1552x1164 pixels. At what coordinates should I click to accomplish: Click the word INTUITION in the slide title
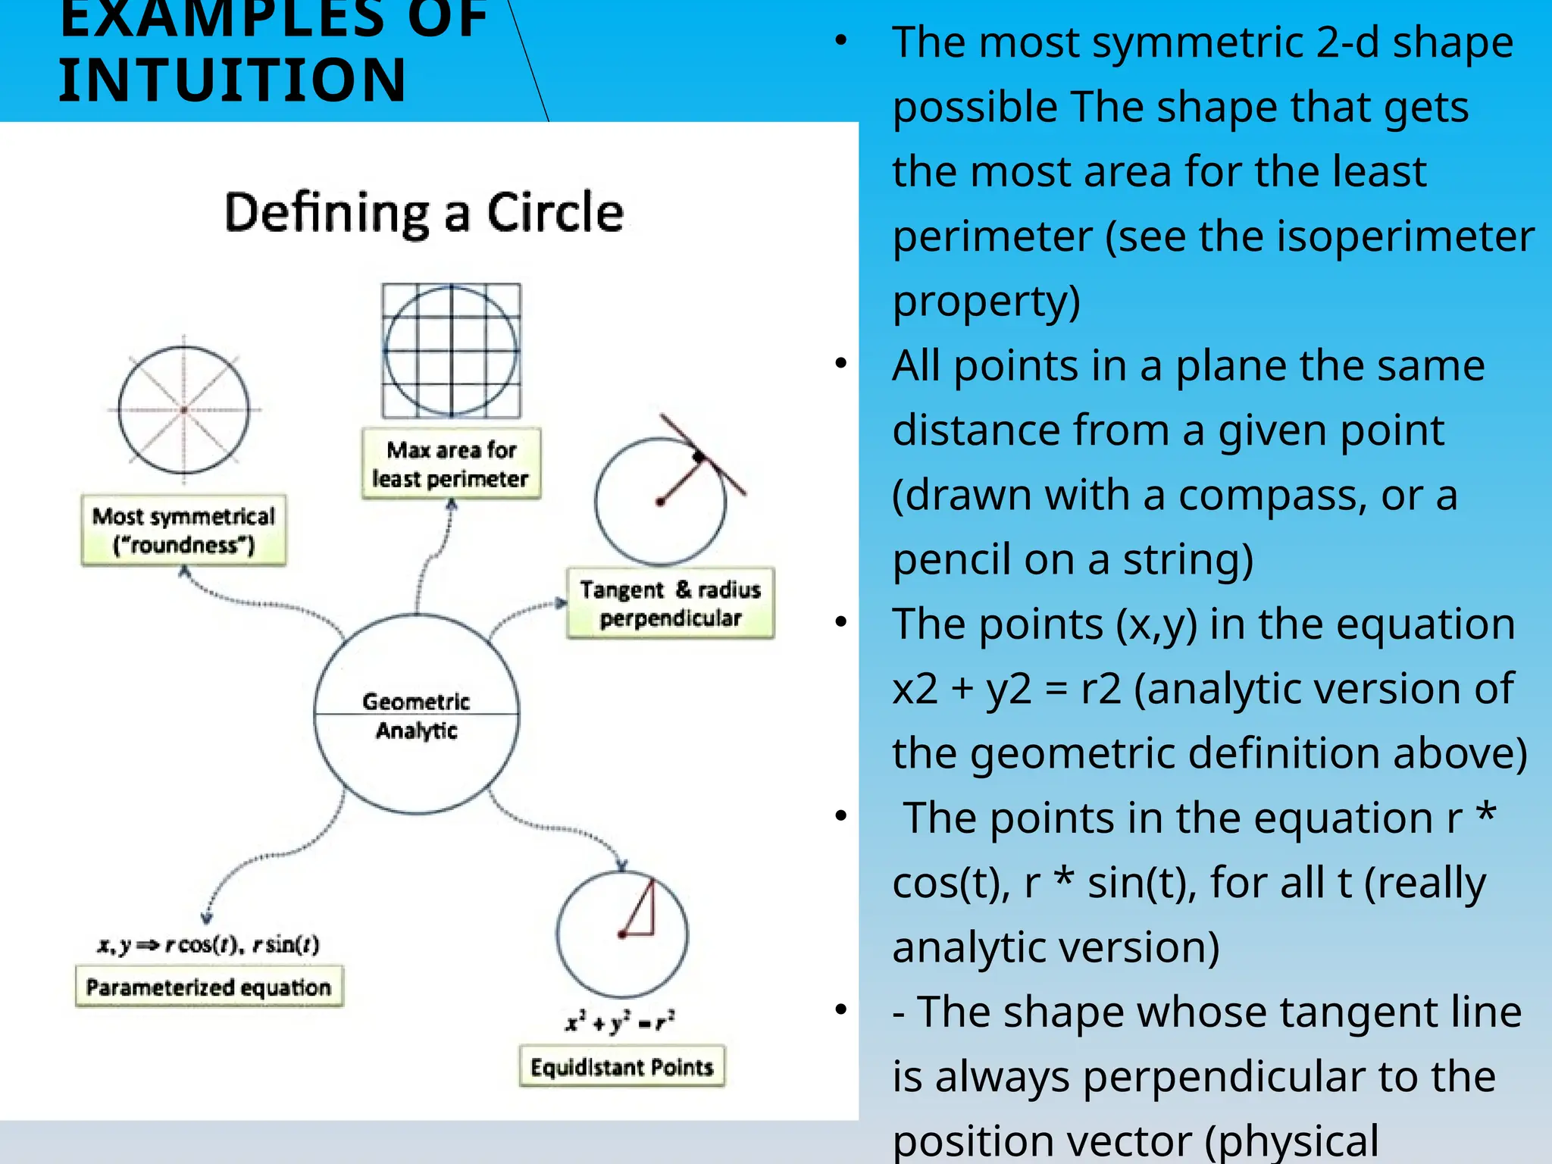233,80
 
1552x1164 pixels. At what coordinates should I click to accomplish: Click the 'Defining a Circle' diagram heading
424,212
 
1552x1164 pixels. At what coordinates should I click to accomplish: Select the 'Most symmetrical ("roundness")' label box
183,530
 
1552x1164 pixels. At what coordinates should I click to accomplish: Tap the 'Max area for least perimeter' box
451,464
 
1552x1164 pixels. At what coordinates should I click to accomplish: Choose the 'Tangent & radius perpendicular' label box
671,603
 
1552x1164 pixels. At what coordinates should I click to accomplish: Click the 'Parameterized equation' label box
208,987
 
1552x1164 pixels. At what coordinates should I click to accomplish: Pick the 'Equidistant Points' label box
621,1067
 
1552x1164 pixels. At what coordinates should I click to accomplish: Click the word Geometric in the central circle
416,701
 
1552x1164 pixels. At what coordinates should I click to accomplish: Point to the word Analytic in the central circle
416,731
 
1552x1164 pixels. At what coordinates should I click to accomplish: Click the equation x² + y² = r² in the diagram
620,1022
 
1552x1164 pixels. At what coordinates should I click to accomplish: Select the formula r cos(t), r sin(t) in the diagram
242,944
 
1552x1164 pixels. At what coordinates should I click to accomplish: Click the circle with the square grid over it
452,350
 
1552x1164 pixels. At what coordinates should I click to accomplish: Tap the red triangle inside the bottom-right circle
641,913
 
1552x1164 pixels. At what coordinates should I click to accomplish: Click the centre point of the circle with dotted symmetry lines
184,410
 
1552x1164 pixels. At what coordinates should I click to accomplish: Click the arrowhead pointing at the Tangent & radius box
560,603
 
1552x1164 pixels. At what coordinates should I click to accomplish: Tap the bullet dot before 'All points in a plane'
840,364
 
